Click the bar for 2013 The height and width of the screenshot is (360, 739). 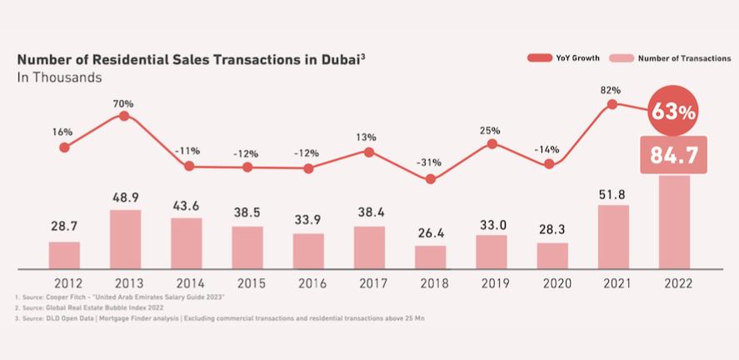pos(126,239)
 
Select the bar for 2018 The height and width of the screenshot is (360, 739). pos(431,257)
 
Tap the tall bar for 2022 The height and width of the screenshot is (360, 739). pos(675,222)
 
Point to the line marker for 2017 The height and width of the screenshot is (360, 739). pos(369,152)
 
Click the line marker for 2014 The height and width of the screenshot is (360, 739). pos(189,166)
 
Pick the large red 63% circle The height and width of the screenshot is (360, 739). pos(674,112)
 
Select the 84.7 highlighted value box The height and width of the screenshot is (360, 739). pos(675,154)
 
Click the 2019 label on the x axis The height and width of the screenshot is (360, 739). pos(492,283)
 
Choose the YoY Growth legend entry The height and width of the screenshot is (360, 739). pos(564,58)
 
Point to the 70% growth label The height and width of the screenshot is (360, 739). pos(124,103)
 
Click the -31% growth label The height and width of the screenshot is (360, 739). pos(431,162)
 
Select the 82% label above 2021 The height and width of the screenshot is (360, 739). pos(612,89)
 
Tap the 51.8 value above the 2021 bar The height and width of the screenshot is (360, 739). pos(613,192)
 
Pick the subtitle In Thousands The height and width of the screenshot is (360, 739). pos(59,77)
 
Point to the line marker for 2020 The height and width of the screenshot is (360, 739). pos(549,164)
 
